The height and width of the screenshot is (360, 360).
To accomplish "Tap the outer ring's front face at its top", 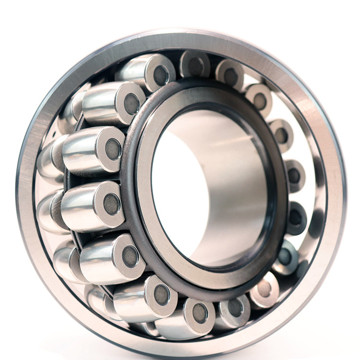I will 192,36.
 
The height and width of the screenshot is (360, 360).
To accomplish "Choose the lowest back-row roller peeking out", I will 98,302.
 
